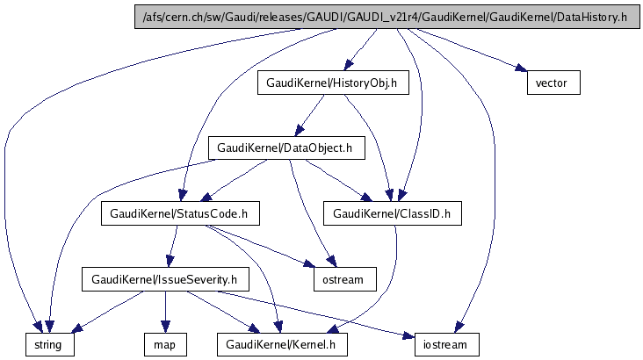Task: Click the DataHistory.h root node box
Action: pos(386,18)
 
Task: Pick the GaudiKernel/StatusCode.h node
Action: pos(179,213)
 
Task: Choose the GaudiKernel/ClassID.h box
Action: pos(394,213)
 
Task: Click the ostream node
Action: pos(343,279)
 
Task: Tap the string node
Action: pos(48,344)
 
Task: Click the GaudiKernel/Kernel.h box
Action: pos(282,344)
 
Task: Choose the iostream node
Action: pos(447,344)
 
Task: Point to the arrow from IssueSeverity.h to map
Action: pos(164,312)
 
